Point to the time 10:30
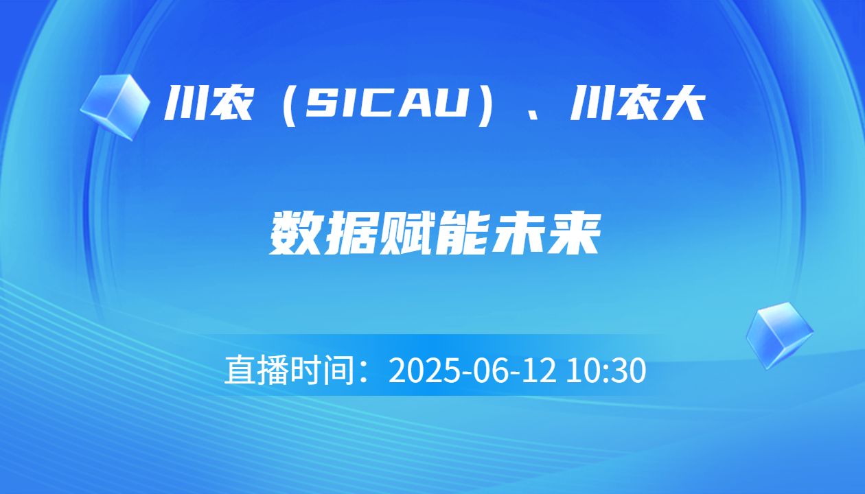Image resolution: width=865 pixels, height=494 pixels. click(x=606, y=371)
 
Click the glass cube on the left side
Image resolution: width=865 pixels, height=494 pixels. click(x=115, y=106)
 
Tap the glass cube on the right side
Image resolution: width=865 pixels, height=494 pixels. click(x=779, y=334)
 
